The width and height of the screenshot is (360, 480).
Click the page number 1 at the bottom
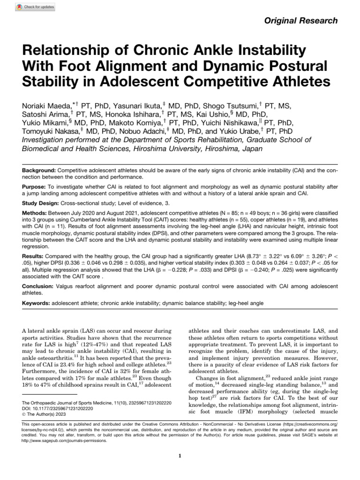(180, 455)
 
